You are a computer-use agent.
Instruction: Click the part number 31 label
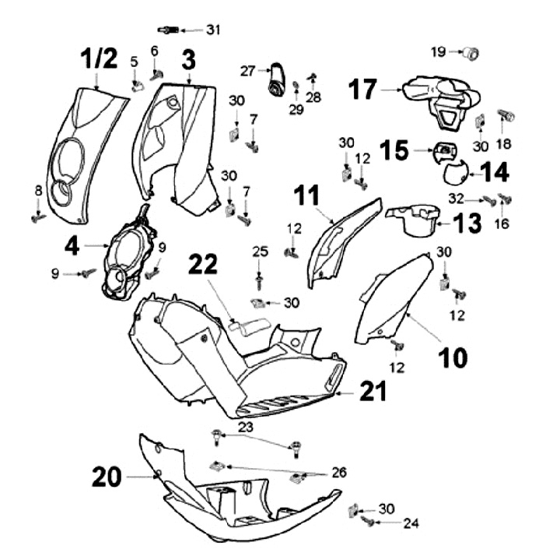213,30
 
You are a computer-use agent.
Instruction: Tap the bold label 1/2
98,59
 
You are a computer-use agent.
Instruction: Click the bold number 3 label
189,59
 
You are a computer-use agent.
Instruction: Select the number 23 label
246,427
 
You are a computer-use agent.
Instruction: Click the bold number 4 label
72,247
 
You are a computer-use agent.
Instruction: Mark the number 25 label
260,250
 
